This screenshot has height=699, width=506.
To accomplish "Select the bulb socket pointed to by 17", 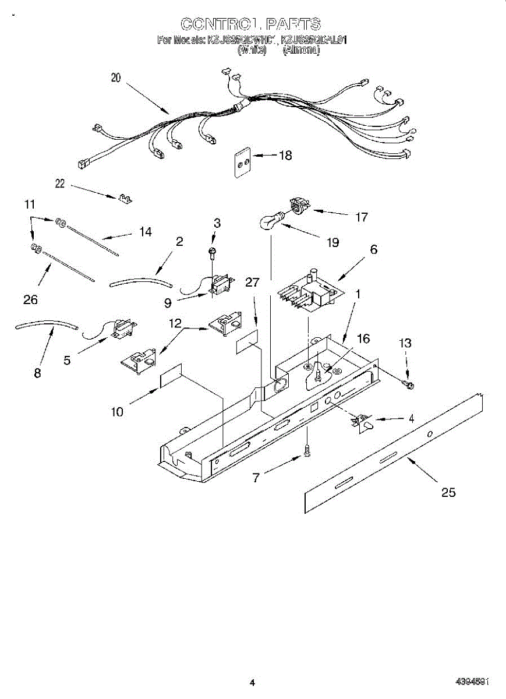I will click(x=299, y=206).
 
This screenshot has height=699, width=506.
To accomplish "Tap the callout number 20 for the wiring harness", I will click(x=116, y=78).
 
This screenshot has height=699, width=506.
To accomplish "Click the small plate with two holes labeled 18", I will click(x=242, y=158).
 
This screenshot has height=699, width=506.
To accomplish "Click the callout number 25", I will click(x=448, y=493).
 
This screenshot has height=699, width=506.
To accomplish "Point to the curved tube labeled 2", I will click(x=141, y=283).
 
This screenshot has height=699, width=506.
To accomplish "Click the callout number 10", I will click(x=118, y=412).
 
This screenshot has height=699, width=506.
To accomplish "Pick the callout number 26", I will click(x=30, y=300).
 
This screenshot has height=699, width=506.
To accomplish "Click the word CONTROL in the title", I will click(x=219, y=24).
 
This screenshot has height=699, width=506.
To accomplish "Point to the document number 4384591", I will click(x=471, y=682).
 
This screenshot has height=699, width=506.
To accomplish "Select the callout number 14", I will click(x=145, y=232).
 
